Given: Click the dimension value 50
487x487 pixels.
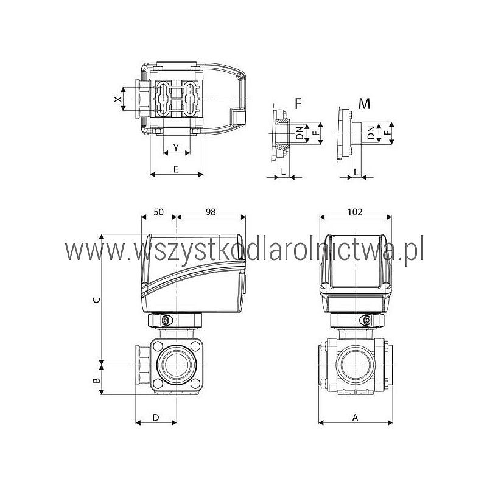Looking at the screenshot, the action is click(158, 212).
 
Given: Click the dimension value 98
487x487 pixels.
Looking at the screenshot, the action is click(211, 212).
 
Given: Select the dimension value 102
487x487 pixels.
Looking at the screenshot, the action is click(355, 212).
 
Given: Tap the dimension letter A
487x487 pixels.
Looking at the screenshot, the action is click(356, 418).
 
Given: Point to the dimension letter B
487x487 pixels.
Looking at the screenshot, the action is click(97, 380).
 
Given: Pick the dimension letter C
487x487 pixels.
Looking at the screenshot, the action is click(97, 300).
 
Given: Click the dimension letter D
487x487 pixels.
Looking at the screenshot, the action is click(156, 418).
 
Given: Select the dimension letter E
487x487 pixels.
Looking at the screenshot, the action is click(176, 170).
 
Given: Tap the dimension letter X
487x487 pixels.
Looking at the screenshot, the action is click(117, 99).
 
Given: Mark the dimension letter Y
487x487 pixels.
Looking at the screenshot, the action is click(176, 147).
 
